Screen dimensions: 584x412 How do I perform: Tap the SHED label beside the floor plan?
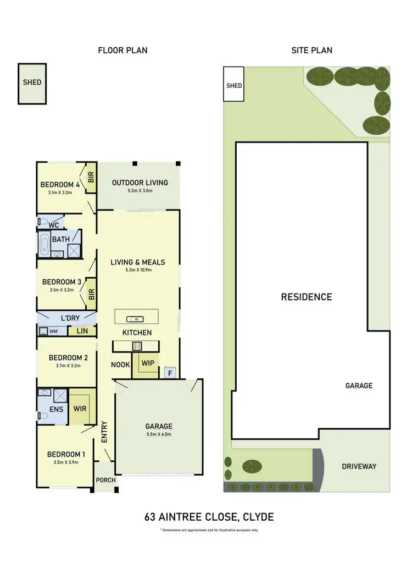pyautogui.click(x=32, y=82)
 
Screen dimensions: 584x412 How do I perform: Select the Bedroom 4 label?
pyautogui.click(x=60, y=185)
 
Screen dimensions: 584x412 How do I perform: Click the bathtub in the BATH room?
pyautogui.click(x=44, y=243)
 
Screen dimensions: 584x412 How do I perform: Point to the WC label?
pyautogui.click(x=53, y=225)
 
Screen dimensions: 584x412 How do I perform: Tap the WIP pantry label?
pyautogui.click(x=147, y=363)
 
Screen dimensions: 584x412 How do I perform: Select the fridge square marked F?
pyautogui.click(x=170, y=373)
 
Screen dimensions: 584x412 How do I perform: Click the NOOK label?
pyautogui.click(x=120, y=365)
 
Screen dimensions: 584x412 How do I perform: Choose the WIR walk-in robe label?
pyautogui.click(x=81, y=410)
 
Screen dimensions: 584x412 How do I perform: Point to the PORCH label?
pyautogui.click(x=105, y=480)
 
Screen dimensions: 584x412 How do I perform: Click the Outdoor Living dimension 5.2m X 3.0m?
pyautogui.click(x=140, y=191)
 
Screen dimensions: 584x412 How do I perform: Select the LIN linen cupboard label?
pyautogui.click(x=82, y=331)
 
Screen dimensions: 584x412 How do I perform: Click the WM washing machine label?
pyautogui.click(x=53, y=332)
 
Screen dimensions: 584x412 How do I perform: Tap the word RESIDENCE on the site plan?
pyautogui.click(x=307, y=297)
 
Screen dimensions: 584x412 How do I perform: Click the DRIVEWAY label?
pyautogui.click(x=359, y=466)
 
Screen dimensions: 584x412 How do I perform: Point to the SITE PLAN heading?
pyautogui.click(x=311, y=51)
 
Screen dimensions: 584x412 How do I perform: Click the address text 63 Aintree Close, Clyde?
pyautogui.click(x=209, y=517)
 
